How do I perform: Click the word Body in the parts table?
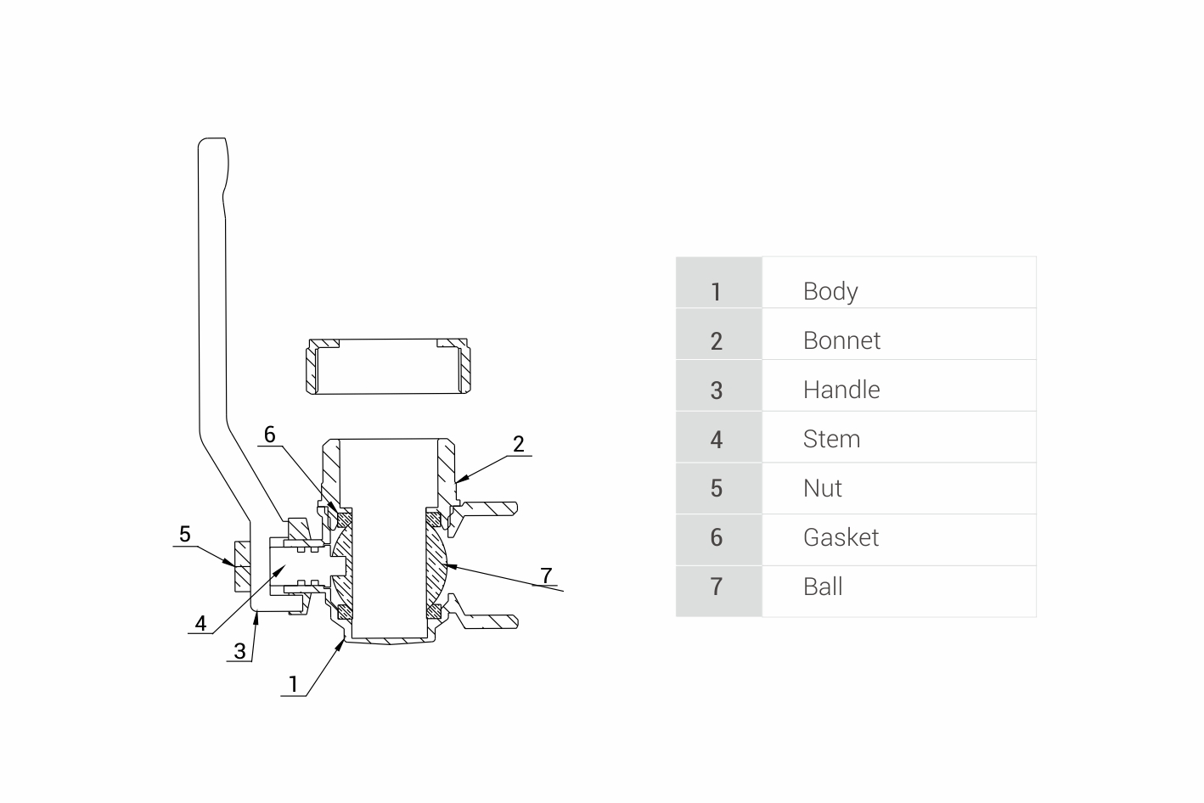pyautogui.click(x=830, y=291)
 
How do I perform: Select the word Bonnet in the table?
pyautogui.click(x=841, y=340)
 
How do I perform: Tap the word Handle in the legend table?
pyautogui.click(x=841, y=390)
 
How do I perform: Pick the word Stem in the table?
pyautogui.click(x=831, y=439)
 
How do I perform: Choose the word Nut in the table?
pyautogui.click(x=822, y=488)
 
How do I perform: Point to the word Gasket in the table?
pyautogui.click(x=841, y=537)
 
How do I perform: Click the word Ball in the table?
pyautogui.click(x=823, y=587)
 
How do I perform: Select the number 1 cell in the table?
pyautogui.click(x=717, y=291)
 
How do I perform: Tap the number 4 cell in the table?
pyautogui.click(x=717, y=439)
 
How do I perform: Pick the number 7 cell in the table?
pyautogui.click(x=717, y=587)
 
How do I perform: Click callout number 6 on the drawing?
pyautogui.click(x=269, y=435)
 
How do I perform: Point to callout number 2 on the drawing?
pyautogui.click(x=519, y=444)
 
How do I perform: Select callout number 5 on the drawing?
pyautogui.click(x=185, y=534)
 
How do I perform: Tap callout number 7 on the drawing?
pyautogui.click(x=547, y=576)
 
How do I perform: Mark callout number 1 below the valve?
pyautogui.click(x=294, y=684)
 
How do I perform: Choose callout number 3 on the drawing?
pyautogui.click(x=239, y=651)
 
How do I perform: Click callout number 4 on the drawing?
pyautogui.click(x=200, y=624)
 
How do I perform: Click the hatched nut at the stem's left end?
pyautogui.click(x=241, y=566)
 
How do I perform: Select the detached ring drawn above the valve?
pyautogui.click(x=387, y=367)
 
